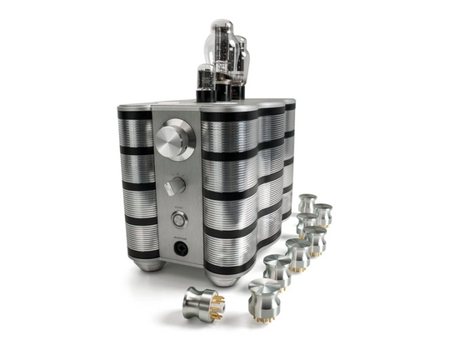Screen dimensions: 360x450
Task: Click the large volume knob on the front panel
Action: coord(177,137)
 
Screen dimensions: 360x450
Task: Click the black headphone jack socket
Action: coord(178,247)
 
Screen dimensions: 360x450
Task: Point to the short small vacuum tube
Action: coord(204,82)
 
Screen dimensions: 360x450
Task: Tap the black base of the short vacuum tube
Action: coord(204,96)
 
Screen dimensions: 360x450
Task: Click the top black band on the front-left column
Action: coord(134,113)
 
